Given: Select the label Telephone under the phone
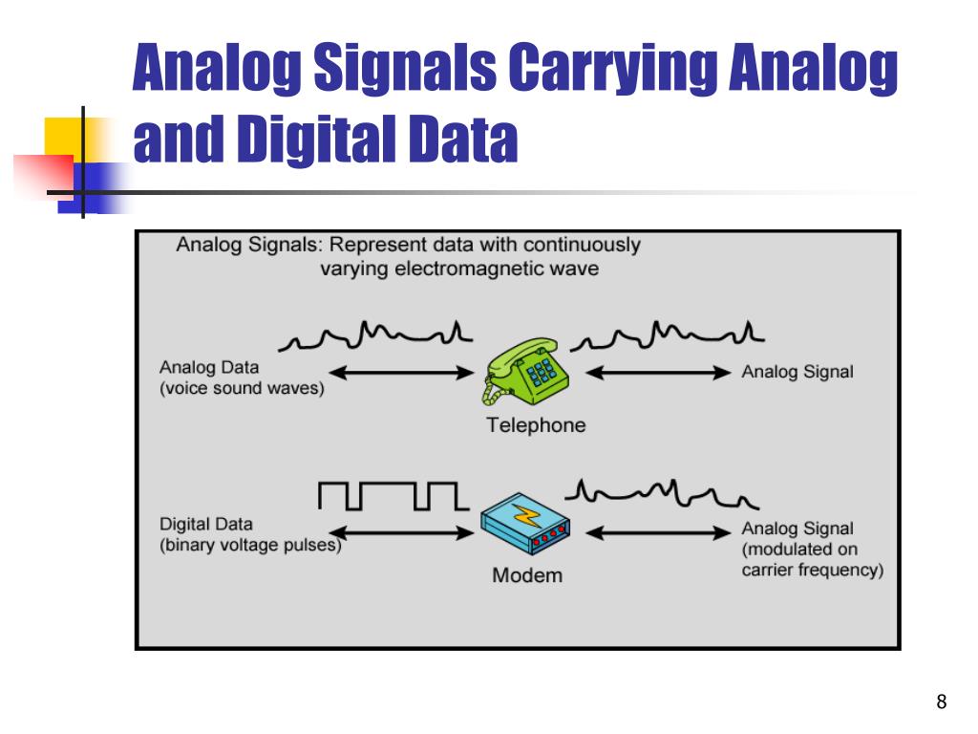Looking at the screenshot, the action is [536, 426].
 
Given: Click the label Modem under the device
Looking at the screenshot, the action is [527, 576].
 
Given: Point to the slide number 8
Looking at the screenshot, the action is [942, 703].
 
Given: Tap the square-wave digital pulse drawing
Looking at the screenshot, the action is [389, 495].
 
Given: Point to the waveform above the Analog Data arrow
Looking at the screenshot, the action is [377, 335].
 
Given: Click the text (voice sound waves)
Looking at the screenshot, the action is [243, 389].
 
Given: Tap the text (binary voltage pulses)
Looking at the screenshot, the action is [250, 547].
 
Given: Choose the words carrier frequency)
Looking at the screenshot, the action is [813, 571].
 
